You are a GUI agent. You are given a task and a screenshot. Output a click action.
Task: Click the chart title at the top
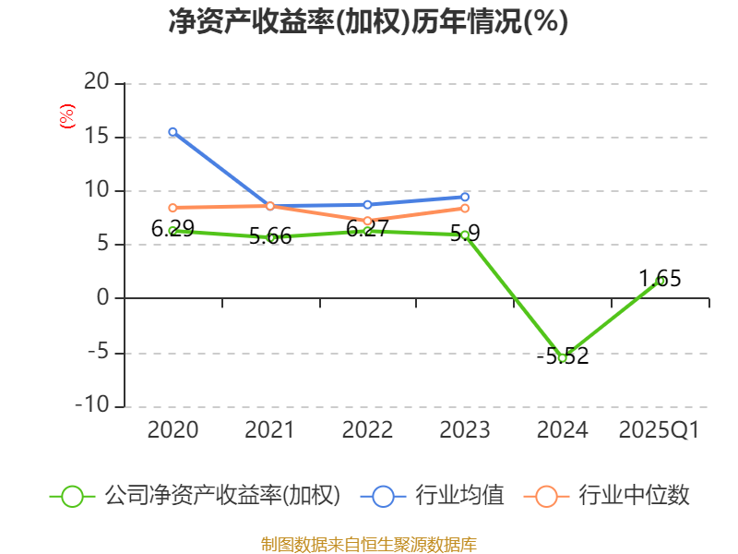pos(368,22)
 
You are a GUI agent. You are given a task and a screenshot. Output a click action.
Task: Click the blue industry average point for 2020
pos(173,132)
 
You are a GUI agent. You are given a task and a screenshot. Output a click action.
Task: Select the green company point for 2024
pos(563,357)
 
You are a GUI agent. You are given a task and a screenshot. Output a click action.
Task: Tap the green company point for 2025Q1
pos(660,281)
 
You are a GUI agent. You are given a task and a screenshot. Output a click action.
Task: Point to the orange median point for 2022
pos(367,221)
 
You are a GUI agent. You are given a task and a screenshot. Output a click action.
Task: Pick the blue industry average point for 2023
pos(465,197)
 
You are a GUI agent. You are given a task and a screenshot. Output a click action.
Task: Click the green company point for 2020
pos(173,231)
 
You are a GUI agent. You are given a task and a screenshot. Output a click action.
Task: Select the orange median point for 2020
pos(173,208)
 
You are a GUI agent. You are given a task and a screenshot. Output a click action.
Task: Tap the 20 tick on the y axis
pos(97,83)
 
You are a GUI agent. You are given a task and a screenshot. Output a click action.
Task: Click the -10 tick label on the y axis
pos(91,406)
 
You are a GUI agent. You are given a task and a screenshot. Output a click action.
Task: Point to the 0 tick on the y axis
pos(103,298)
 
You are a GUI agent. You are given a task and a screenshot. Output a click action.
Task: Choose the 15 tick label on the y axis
pos(97,137)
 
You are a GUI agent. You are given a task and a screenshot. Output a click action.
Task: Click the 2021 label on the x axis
pos(269,430)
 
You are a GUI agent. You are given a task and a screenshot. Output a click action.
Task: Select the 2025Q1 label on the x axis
pos(659,430)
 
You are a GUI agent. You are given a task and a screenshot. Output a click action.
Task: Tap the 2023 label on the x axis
pos(465,430)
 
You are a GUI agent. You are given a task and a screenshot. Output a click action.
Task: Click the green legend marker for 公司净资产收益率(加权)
pos(73,496)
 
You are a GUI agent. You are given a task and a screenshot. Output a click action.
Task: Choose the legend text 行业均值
pos(459,496)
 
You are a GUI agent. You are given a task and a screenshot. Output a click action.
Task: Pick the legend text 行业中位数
pos(634,496)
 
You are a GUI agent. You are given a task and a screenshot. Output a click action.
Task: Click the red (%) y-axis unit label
pos(66,116)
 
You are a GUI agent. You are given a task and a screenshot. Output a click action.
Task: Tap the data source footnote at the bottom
pos(368,544)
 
